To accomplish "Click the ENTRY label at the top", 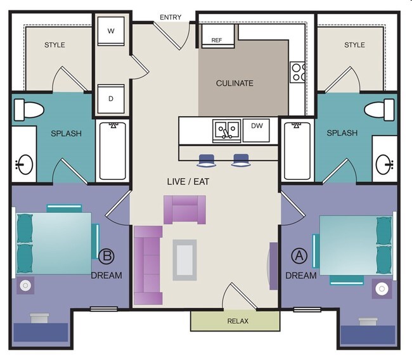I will point(171,17).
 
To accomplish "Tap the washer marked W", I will point(110,30).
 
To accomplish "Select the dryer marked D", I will point(110,99).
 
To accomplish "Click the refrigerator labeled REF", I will point(217,39).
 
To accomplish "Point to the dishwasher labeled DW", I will point(257,126).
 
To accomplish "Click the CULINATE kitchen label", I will point(234,83).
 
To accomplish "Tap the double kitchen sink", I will point(226,131).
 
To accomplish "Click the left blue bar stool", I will point(207,160).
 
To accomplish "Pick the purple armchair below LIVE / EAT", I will point(184,209).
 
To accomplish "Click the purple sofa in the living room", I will point(148,265).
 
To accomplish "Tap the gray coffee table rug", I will point(184,260).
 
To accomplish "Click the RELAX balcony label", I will point(238,321).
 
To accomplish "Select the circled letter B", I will point(106,256).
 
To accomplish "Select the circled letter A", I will point(298,256).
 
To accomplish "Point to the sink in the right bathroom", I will point(384,165).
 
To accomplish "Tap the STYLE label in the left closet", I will point(55,45).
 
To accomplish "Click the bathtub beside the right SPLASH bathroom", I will point(297,151).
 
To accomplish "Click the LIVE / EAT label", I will point(188,182).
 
